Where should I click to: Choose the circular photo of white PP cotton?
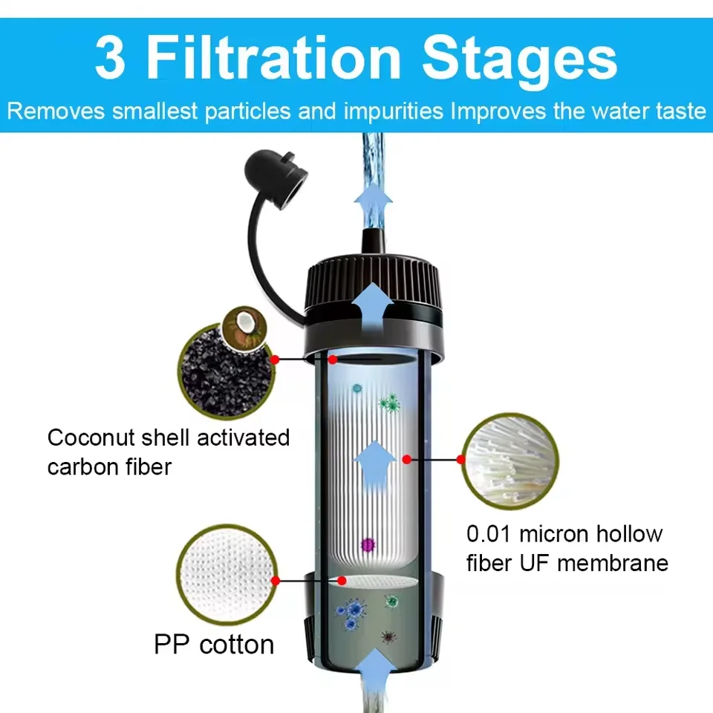pos(225,579)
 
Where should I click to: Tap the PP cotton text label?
pos(214,644)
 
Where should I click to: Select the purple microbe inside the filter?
pos(366,544)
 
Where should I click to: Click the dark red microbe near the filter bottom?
pos(387,637)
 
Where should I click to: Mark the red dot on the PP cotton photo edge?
pos(276,580)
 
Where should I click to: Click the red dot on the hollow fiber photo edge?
pos(460,460)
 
